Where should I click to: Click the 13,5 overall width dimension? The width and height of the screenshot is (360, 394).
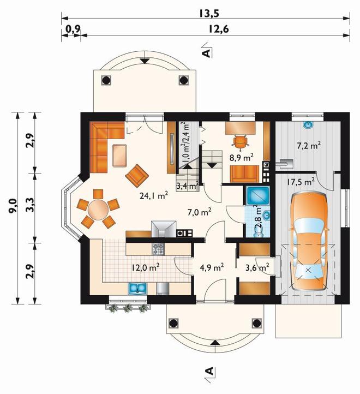[209, 13]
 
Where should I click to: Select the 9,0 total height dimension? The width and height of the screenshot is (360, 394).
[13, 206]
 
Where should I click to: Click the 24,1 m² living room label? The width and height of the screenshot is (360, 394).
[153, 195]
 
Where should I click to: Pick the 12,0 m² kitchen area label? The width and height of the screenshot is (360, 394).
[146, 267]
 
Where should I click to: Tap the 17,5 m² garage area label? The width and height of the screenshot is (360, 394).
[301, 181]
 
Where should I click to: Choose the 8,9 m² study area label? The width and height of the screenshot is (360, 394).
[242, 157]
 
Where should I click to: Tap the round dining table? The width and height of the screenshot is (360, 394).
[98, 208]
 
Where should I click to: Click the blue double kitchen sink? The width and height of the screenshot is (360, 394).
[137, 289]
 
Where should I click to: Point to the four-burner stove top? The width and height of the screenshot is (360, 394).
[158, 249]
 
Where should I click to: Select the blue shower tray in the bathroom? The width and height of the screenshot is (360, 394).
[257, 195]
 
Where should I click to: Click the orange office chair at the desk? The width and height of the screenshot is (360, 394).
[241, 142]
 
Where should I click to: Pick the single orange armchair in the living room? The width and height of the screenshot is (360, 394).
[137, 176]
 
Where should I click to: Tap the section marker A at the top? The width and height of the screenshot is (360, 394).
[207, 52]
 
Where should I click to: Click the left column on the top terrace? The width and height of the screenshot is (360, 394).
[106, 80]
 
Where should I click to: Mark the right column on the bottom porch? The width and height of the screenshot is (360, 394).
[257, 323]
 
